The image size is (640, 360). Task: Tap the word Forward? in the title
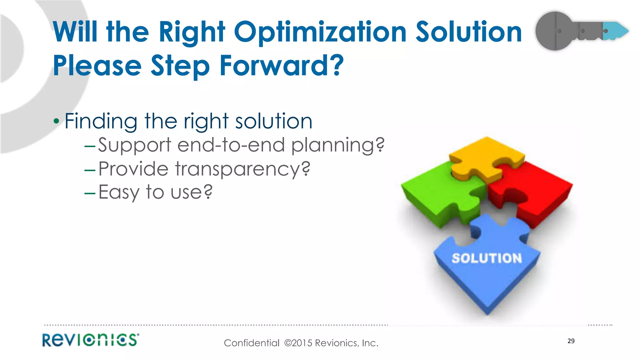(281, 66)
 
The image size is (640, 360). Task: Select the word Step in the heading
(180, 66)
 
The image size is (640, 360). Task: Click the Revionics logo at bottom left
(91, 340)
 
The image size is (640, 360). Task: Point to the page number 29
(571, 341)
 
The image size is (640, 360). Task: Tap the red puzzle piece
(537, 191)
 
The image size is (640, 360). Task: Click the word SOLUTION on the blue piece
(487, 258)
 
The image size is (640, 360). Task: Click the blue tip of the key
(617, 31)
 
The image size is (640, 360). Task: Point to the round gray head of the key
(553, 31)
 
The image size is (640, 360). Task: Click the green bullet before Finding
(56, 121)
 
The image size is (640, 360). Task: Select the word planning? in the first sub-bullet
(337, 146)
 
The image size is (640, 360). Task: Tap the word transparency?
(242, 169)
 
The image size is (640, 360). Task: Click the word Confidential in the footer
(252, 343)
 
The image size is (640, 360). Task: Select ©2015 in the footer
(298, 343)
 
